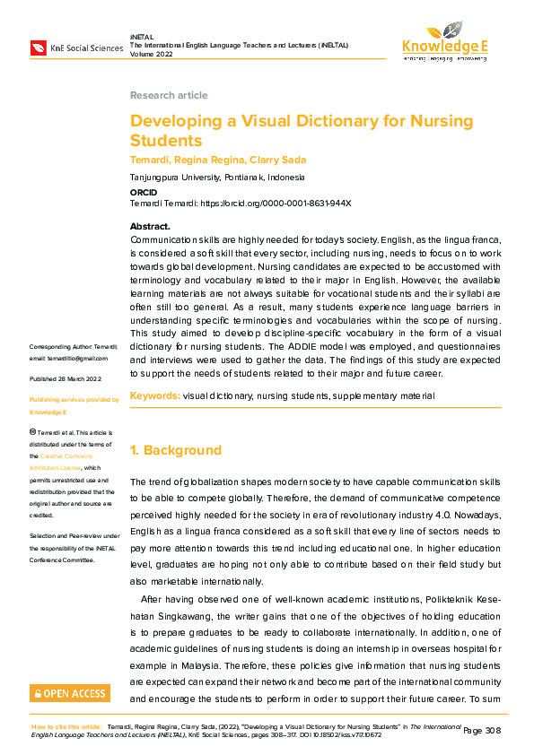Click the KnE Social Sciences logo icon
click(38, 47)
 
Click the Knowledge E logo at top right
click(444, 41)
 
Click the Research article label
click(169, 95)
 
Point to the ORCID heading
click(144, 192)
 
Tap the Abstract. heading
click(150, 227)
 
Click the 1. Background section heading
click(175, 450)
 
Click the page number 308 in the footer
click(491, 731)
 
